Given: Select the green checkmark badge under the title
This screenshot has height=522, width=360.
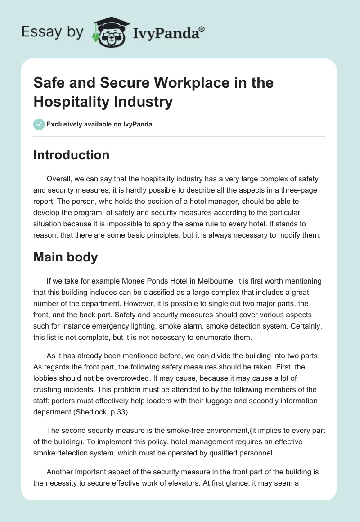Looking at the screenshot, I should click(x=39, y=124).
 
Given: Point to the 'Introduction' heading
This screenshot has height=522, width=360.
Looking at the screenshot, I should click(x=71, y=155).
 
